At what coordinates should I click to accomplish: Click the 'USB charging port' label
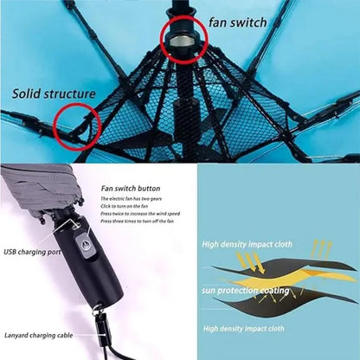pyautogui.click(x=33, y=252)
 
